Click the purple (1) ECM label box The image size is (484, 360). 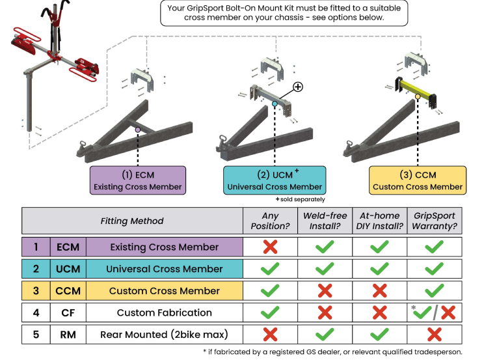click(138, 180)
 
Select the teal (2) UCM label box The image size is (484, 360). click(275, 180)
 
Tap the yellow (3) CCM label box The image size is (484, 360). click(418, 180)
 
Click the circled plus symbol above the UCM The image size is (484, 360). click(298, 87)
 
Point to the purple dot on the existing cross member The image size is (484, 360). click(138, 130)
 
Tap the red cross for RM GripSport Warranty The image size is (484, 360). click(434, 335)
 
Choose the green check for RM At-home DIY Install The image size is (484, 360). click(380, 335)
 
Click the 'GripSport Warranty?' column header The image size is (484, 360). click(434, 221)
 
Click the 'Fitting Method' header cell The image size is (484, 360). click(132, 221)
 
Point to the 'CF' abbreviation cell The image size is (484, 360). click(68, 312)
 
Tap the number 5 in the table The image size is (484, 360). click(36, 335)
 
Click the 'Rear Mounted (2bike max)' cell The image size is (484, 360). click(164, 335)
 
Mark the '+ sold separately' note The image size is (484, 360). click(300, 199)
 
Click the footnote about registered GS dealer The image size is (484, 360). click(332, 352)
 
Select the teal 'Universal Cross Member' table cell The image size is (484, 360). click(165, 268)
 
